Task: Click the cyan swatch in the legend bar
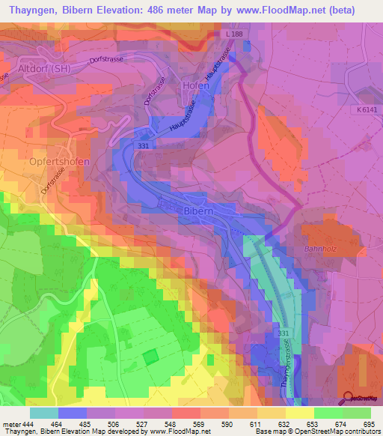(44, 413)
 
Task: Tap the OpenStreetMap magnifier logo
(349, 397)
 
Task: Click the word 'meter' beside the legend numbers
(13, 424)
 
